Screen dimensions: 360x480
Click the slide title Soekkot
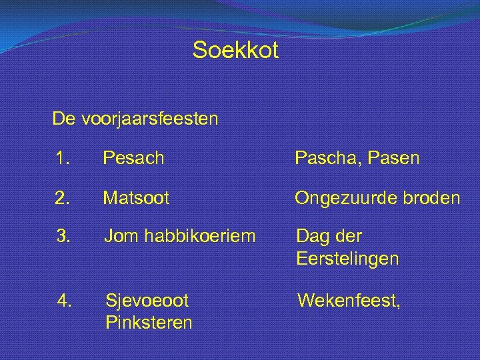pos(235,50)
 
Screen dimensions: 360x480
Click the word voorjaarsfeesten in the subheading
pos(150,119)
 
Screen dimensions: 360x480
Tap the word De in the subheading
pos(64,119)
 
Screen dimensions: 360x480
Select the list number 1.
pos(63,159)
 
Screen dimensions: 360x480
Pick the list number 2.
pos(63,198)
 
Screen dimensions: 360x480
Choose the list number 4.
pos(63,301)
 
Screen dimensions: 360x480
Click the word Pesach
pos(133,159)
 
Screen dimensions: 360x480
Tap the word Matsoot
pos(136,198)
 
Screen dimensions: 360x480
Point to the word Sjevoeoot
pos(147,301)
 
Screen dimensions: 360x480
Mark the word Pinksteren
pos(149,323)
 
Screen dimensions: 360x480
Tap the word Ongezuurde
pos(346,198)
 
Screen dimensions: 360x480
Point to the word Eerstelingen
pos(347,259)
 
